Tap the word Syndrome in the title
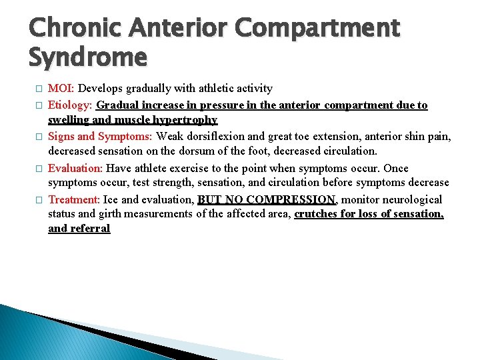coord(87,57)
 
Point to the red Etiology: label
coord(71,105)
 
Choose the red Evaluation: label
coord(75,168)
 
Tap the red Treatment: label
coord(74,199)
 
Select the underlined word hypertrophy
coord(184,120)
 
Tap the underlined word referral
coord(90,229)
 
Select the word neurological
coord(408,199)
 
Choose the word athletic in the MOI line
coord(209,88)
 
